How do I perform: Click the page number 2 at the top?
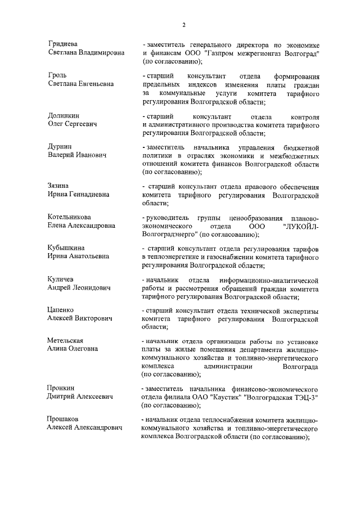183,24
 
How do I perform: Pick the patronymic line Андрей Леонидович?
79,287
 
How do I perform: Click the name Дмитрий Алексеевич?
79,396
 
